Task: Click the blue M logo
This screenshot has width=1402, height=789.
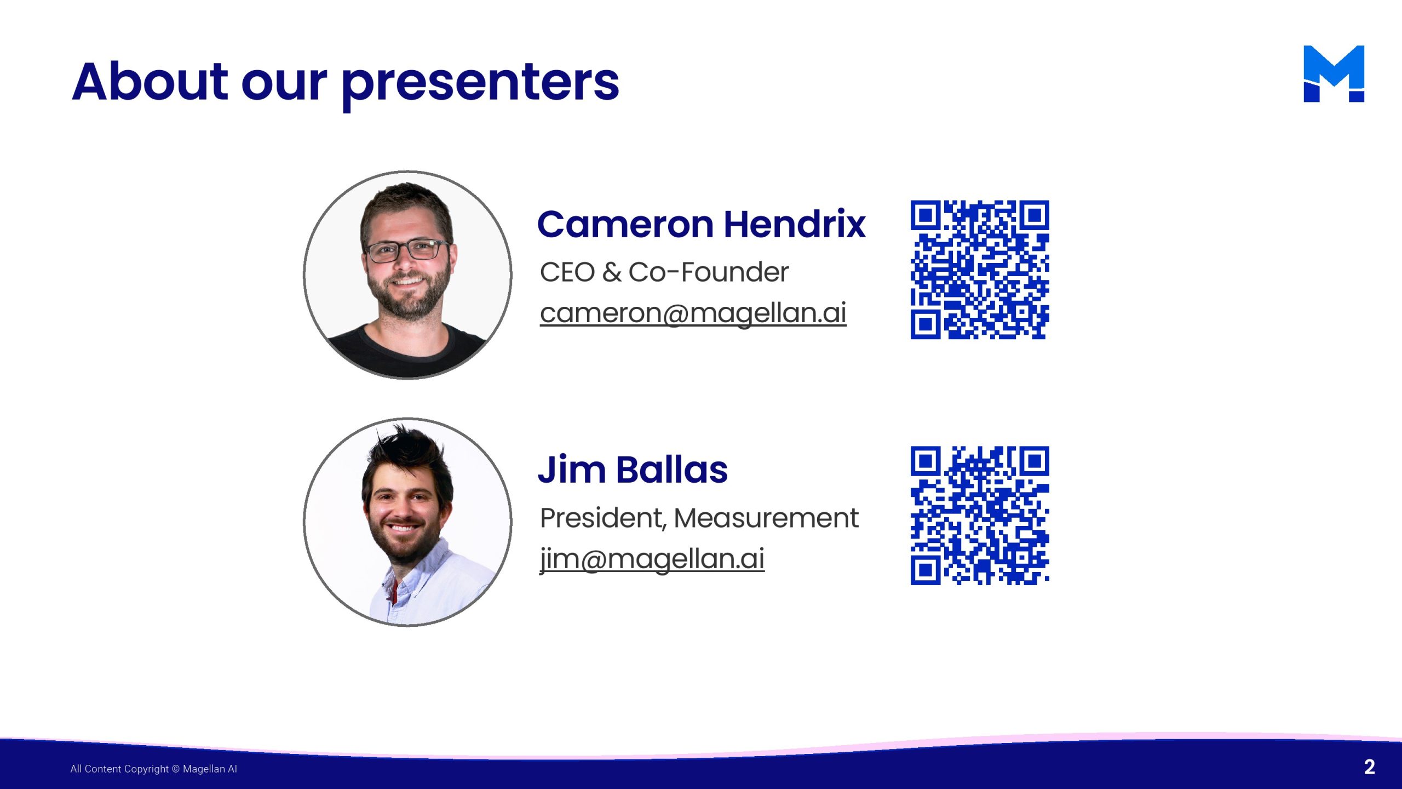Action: [x=1334, y=73]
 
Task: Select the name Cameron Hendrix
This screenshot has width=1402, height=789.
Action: [x=702, y=224]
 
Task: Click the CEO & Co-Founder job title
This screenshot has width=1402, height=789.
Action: [x=664, y=272]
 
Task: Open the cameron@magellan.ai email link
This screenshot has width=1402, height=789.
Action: [x=693, y=313]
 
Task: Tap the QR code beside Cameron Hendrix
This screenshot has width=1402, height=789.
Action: [x=980, y=270]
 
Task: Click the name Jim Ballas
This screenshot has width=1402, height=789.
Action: [x=633, y=470]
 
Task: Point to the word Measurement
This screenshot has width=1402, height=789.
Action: [x=766, y=518]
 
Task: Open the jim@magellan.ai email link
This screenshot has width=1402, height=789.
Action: [x=652, y=559]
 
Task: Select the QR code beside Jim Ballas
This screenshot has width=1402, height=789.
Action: [x=980, y=516]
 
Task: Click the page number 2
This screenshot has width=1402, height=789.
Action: [x=1369, y=767]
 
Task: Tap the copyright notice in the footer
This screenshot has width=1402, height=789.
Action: [x=154, y=769]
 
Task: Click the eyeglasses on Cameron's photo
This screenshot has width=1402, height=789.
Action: [x=407, y=250]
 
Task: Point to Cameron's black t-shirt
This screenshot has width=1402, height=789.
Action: [x=407, y=351]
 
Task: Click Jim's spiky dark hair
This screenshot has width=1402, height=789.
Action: [x=408, y=455]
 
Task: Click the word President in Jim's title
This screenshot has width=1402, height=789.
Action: [x=603, y=518]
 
